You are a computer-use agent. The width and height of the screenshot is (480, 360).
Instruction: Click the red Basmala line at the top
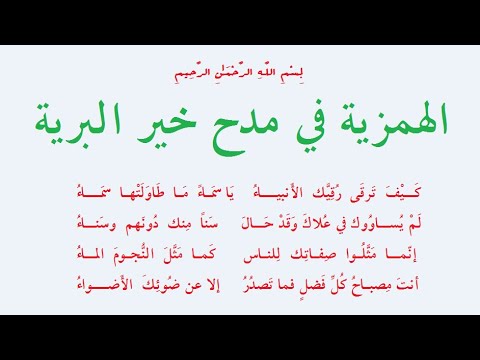point(239,74)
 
